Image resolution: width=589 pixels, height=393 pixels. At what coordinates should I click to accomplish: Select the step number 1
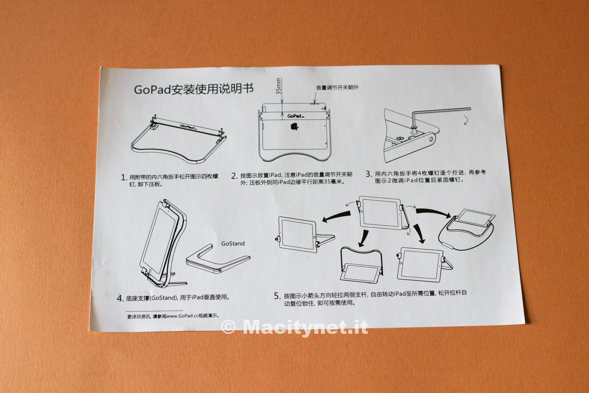[x=124, y=178]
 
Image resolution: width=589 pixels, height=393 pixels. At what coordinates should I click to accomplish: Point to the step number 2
[x=234, y=176]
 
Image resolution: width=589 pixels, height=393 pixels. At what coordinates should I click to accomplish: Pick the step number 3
[x=369, y=174]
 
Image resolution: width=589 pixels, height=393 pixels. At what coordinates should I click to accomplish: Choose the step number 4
[x=120, y=298]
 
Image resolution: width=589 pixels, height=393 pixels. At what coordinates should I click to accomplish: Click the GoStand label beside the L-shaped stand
[x=233, y=243]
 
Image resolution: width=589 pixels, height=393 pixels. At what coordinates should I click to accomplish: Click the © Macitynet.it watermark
[x=294, y=327]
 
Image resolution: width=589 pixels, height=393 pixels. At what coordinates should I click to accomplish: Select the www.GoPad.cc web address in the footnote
[x=182, y=316]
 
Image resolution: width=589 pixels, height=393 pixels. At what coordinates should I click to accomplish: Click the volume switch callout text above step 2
[x=337, y=88]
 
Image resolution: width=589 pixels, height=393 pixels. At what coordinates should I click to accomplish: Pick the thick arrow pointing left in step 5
[x=336, y=217]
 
